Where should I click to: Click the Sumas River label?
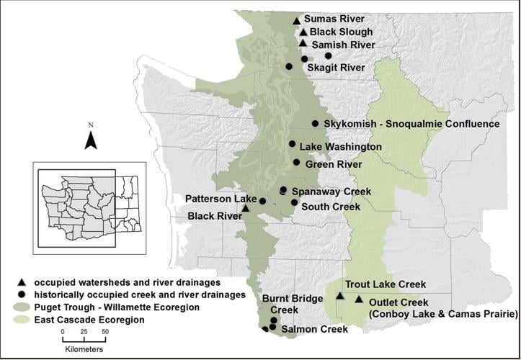tap(334, 19)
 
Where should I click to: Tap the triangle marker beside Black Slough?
tap(304, 32)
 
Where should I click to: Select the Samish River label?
tap(343, 45)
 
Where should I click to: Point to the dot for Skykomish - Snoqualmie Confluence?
tap(315, 124)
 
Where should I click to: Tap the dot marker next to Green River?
tap(296, 163)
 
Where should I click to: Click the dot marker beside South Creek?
tap(294, 203)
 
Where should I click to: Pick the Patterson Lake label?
tap(220, 198)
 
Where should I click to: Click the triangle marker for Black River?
tap(245, 209)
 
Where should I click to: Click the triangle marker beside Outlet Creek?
tap(359, 300)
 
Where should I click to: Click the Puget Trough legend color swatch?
tap(23, 307)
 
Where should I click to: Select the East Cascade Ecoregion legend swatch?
tap(23, 318)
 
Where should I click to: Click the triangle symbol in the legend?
tap(23, 282)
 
